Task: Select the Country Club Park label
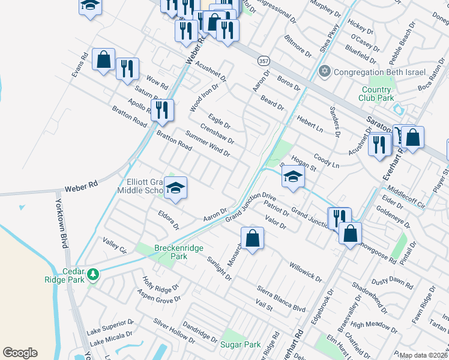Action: click(376, 94)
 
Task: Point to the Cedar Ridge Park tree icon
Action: click(92, 274)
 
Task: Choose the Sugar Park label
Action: click(240, 344)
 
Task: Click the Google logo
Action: click(20, 353)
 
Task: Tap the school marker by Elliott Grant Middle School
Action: click(176, 187)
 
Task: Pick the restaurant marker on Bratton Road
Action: click(163, 110)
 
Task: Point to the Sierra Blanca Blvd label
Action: click(280, 298)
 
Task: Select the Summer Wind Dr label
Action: click(208, 144)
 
